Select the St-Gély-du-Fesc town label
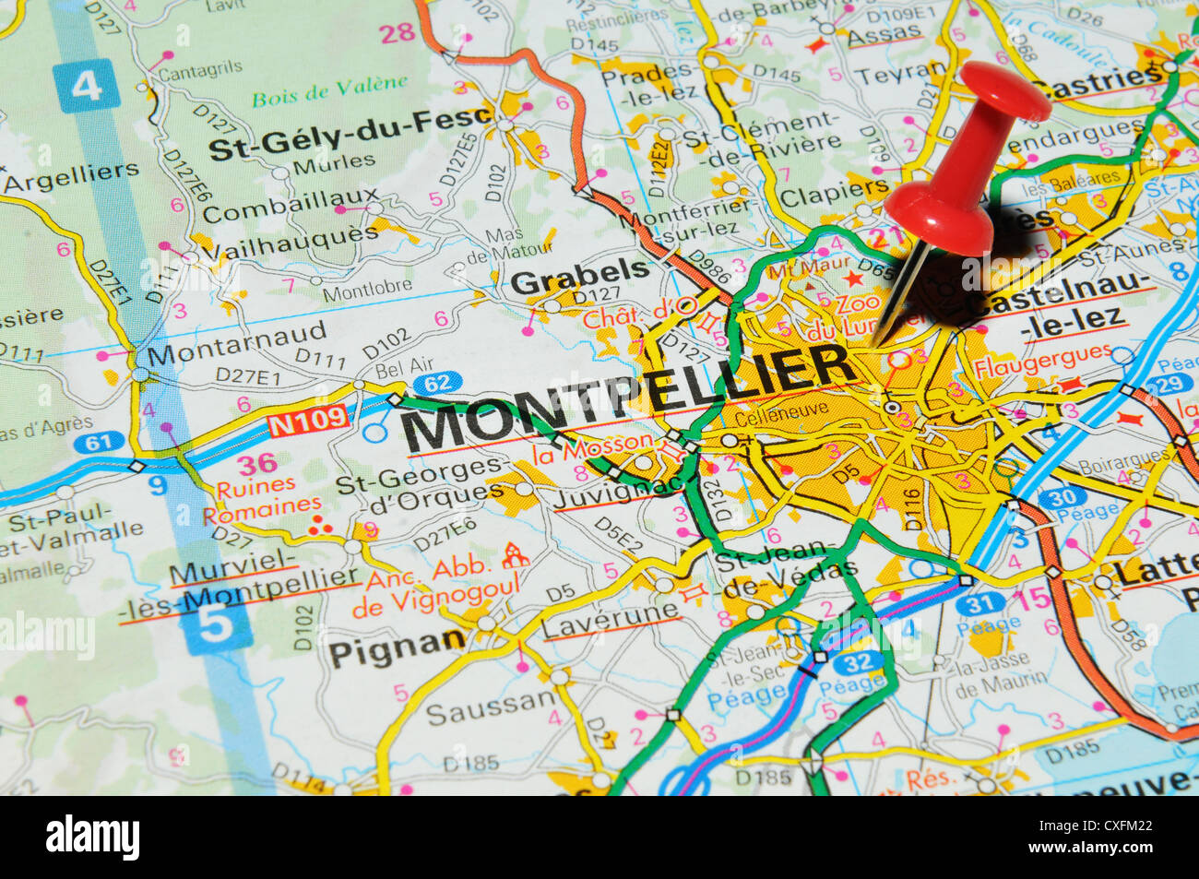click(x=337, y=137)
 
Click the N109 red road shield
click(x=308, y=423)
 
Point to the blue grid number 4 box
click(x=86, y=86)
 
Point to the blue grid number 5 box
click(x=216, y=626)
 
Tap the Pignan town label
click(x=397, y=648)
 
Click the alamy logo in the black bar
click(x=93, y=837)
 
